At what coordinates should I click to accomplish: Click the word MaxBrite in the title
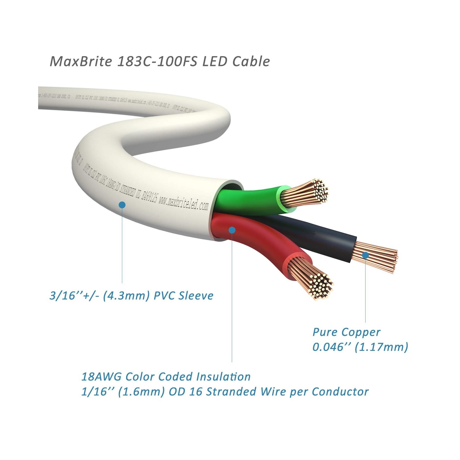(x=81, y=62)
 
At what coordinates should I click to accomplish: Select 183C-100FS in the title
(x=157, y=62)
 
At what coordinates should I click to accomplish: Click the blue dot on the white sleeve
(x=122, y=205)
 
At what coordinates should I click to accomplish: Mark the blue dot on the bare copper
(x=365, y=255)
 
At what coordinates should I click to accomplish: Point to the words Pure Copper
(x=346, y=332)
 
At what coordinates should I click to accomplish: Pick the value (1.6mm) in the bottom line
(x=136, y=392)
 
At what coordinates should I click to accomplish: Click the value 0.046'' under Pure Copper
(x=331, y=347)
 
